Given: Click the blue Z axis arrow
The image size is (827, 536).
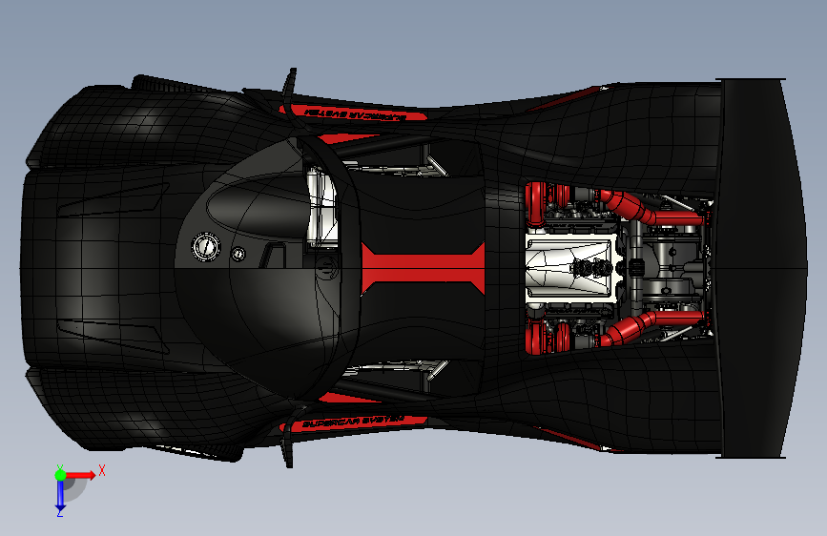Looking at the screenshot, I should [x=59, y=495].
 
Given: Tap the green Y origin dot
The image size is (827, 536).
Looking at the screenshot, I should [x=59, y=473].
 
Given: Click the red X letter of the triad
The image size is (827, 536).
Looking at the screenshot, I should [x=101, y=470].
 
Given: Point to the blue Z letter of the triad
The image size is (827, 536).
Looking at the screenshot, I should [x=59, y=513].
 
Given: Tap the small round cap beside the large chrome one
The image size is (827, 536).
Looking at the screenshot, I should [x=238, y=254].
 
